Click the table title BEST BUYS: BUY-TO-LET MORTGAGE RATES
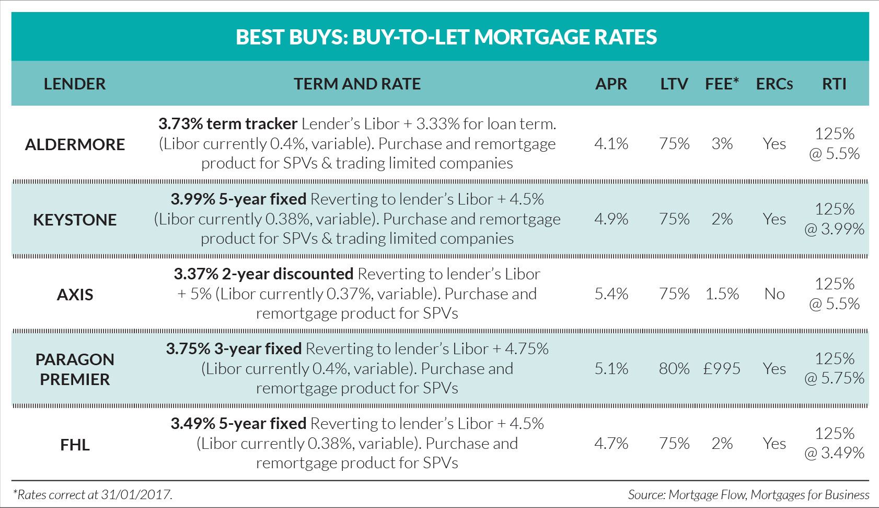point(446,37)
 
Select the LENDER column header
point(75,84)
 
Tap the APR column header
point(611,84)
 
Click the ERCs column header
point(774,84)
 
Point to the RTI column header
point(834,84)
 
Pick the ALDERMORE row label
point(75,144)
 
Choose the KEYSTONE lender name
point(75,220)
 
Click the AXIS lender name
point(75,295)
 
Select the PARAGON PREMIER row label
point(75,369)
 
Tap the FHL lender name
point(75,445)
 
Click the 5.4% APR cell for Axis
point(611,294)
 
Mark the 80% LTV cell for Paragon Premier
point(674,369)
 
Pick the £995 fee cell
point(722,369)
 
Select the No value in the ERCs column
point(774,294)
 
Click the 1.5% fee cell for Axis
point(722,294)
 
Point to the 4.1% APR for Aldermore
point(611,144)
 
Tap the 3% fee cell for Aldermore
point(722,144)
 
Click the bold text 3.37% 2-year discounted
point(263,274)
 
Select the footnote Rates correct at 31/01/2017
point(92,494)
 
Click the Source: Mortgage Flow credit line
point(748,494)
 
